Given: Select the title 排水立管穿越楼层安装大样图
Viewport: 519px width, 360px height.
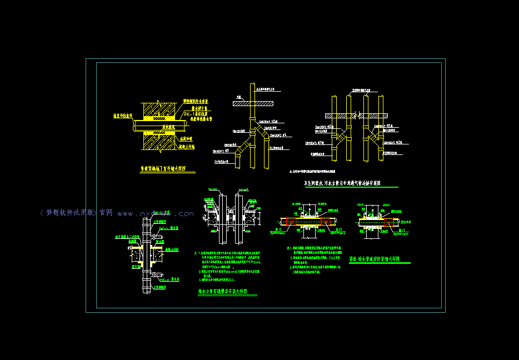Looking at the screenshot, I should pyautogui.click(x=227, y=291).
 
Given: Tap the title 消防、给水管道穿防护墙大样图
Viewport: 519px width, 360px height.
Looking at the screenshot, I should pyautogui.click(x=380, y=259).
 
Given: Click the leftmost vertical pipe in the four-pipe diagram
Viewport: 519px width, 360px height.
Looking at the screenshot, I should pyautogui.click(x=335, y=128).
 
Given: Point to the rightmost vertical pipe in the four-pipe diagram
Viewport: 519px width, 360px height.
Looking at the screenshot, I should pyautogui.click(x=382, y=128).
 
